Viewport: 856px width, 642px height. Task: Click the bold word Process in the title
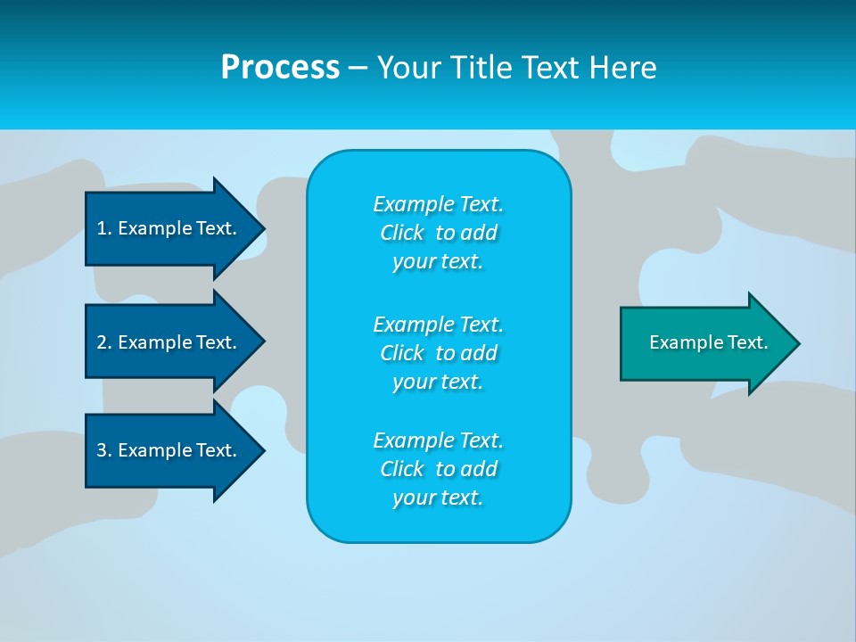coord(280,68)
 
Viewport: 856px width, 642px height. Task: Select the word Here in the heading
coord(623,68)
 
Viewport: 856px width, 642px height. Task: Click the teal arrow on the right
coord(704,342)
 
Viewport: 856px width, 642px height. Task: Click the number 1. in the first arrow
coord(103,228)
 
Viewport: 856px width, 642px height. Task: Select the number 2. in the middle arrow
coord(103,342)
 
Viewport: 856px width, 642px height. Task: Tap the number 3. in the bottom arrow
coord(103,450)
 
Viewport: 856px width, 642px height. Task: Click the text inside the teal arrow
coord(708,342)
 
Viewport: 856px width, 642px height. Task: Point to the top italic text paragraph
coord(438,233)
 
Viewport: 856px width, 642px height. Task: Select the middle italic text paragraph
coord(438,352)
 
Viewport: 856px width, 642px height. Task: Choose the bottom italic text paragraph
coord(438,469)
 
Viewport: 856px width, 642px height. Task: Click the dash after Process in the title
coord(358,68)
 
